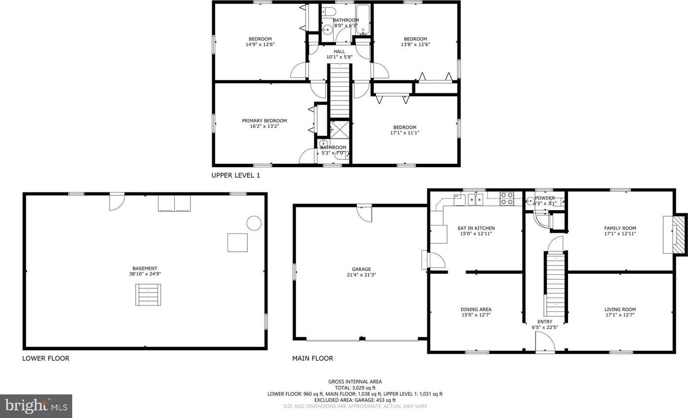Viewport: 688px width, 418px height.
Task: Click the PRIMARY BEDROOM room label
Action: [265, 121]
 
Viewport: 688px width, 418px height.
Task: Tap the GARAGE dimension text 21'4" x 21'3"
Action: [361, 275]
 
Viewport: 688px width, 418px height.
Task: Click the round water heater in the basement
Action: [254, 223]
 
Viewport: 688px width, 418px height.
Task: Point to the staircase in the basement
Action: [148, 295]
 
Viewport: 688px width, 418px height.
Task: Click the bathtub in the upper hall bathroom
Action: [363, 19]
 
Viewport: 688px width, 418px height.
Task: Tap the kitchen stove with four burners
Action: [507, 198]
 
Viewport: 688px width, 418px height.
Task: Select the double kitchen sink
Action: [475, 200]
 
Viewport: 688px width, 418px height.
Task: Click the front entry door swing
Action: [545, 342]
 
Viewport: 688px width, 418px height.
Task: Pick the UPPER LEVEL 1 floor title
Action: [235, 175]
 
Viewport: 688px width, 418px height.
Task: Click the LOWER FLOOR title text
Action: [46, 358]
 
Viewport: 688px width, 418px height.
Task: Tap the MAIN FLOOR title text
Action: [313, 358]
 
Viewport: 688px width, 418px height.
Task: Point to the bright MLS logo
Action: [36, 406]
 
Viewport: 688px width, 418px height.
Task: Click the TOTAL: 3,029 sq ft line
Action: [355, 388]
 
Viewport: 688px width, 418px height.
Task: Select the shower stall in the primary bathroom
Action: [340, 129]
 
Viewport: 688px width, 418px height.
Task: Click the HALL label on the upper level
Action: [340, 52]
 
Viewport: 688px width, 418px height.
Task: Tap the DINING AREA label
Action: [476, 309]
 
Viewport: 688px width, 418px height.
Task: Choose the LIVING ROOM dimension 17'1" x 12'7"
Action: [620, 315]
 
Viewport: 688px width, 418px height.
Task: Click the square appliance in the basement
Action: [237, 243]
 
